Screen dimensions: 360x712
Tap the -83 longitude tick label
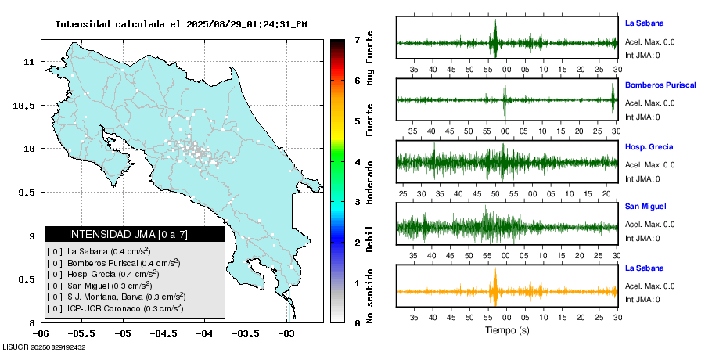pyautogui.click(x=286, y=333)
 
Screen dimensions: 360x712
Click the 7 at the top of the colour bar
pyautogui.click(x=357, y=39)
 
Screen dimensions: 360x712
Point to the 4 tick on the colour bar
pyautogui.click(x=357, y=162)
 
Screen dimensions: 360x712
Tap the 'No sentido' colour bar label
pyautogui.click(x=370, y=297)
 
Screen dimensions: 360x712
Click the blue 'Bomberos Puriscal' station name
pyautogui.click(x=660, y=85)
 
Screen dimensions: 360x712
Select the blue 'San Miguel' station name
pyautogui.click(x=645, y=207)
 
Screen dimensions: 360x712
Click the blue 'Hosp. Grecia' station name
pyautogui.click(x=649, y=146)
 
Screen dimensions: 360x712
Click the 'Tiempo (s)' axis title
pyautogui.click(x=507, y=330)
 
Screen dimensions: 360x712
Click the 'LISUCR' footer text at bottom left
pyautogui.click(x=16, y=347)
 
